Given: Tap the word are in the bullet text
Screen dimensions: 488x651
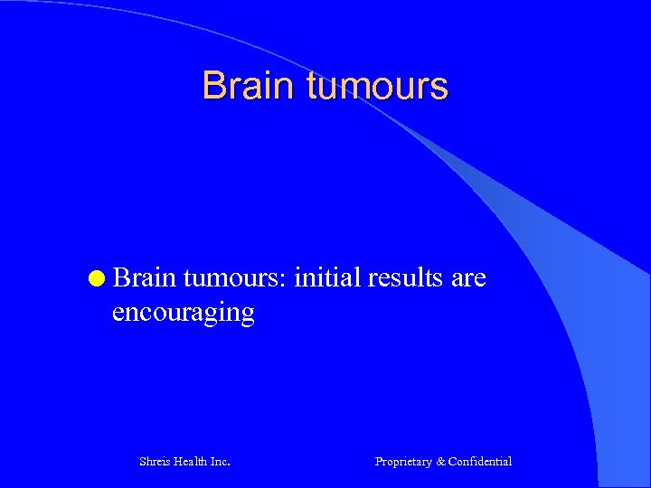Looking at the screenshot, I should [468, 277].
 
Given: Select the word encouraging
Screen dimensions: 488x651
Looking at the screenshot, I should [183, 313].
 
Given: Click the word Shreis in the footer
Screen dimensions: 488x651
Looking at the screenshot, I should [156, 461].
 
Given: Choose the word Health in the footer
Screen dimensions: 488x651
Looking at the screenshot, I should [191, 461].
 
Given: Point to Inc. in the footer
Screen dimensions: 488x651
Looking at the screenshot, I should [220, 461].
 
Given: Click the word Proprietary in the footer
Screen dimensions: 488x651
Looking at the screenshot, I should [403, 461].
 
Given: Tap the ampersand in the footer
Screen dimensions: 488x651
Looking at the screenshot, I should [441, 461].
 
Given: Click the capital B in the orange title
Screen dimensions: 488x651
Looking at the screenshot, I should [213, 86].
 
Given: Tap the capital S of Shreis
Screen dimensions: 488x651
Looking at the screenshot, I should [143, 461].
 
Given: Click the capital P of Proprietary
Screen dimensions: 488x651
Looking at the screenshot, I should [379, 461].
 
